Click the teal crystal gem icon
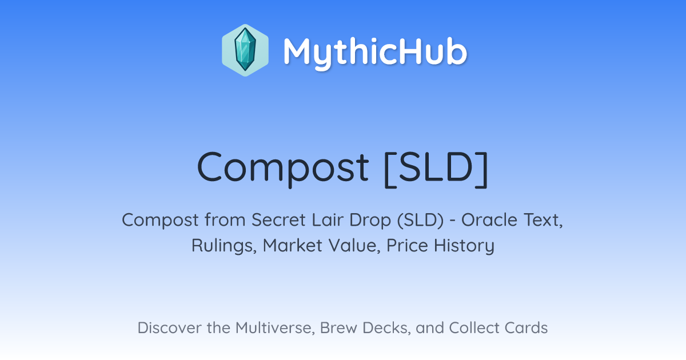click(x=245, y=50)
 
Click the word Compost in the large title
click(x=283, y=168)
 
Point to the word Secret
click(x=278, y=220)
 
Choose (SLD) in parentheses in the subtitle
click(x=421, y=221)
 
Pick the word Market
click(x=293, y=246)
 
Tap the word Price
click(x=407, y=246)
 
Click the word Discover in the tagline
click(x=169, y=328)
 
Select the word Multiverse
click(x=275, y=328)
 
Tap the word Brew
click(x=338, y=328)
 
